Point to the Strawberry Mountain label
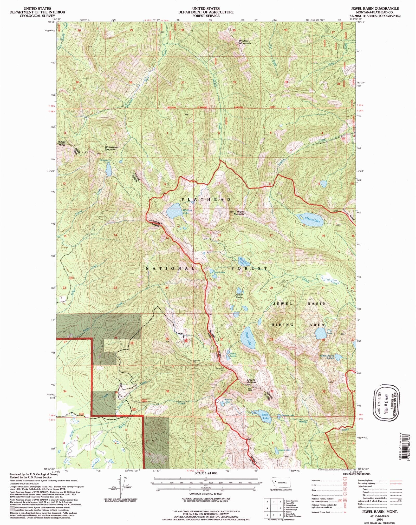(112, 148)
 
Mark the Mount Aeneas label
(251, 381)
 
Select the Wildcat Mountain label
(245, 42)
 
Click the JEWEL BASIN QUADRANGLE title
(374, 9)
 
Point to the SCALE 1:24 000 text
(206, 473)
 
